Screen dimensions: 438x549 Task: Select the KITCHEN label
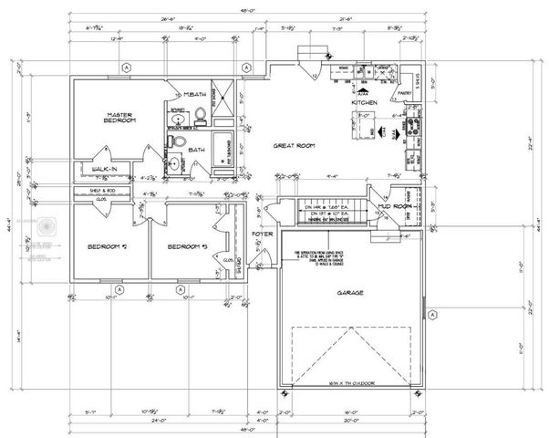click(x=364, y=102)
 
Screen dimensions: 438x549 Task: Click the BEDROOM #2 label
click(x=107, y=247)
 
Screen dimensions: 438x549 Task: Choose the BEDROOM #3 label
click(x=187, y=247)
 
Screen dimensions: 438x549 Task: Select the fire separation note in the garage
click(x=323, y=257)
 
